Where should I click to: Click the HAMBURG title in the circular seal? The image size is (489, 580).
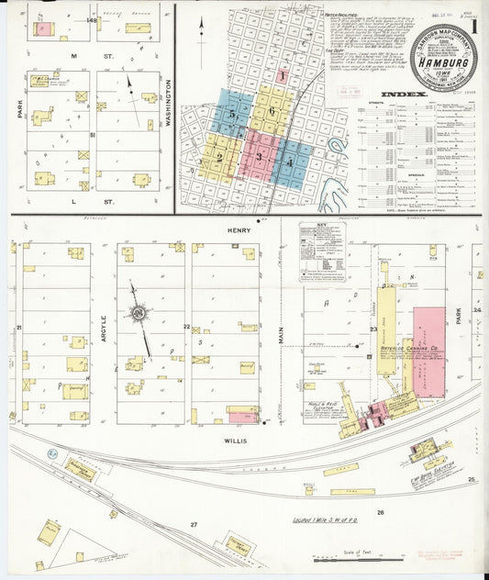click(x=443, y=63)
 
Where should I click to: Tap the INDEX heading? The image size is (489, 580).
click(x=403, y=94)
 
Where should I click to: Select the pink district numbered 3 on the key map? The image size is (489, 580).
click(x=261, y=157)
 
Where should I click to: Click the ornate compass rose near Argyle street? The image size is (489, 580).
click(x=139, y=314)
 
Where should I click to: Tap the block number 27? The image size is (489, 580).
click(x=194, y=523)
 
